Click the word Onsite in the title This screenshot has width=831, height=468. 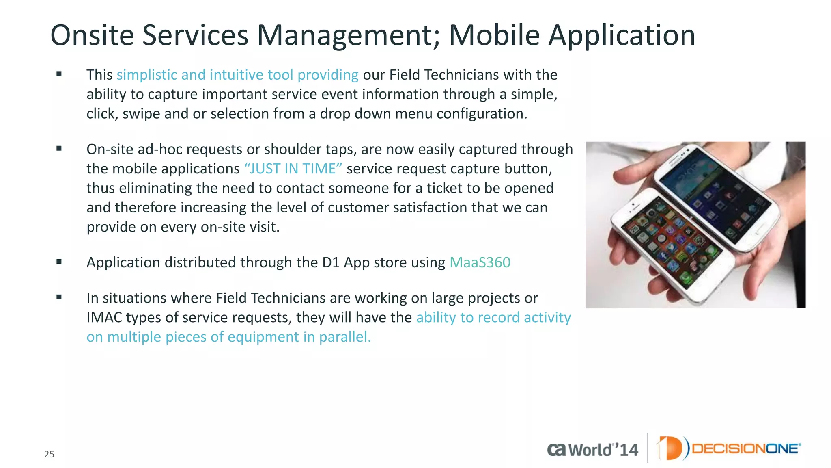pyautogui.click(x=92, y=35)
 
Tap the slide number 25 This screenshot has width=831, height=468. pyautogui.click(x=49, y=454)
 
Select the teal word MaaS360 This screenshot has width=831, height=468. pyautogui.click(x=480, y=262)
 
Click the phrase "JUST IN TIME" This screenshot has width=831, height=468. pyautogui.click(x=293, y=169)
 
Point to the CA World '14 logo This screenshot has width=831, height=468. pyautogui.click(x=592, y=449)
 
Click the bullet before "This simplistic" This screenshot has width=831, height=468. pyautogui.click(x=59, y=74)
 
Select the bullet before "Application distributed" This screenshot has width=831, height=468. pyautogui.click(x=59, y=262)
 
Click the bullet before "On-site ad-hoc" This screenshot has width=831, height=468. pyautogui.click(x=59, y=149)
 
